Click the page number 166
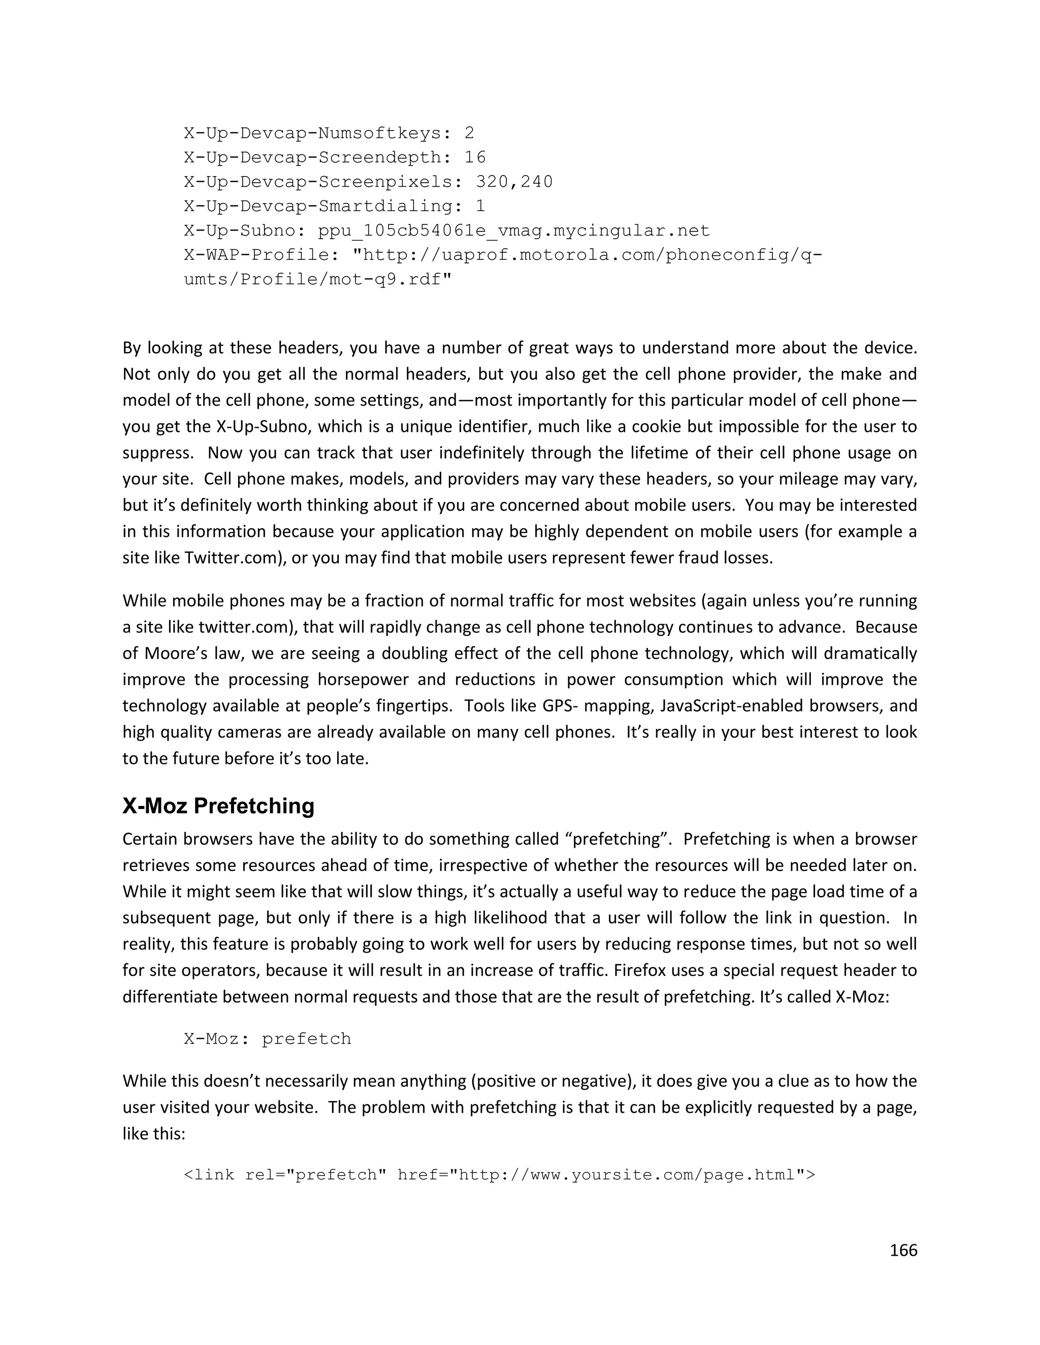click(903, 1250)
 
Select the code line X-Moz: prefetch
click(268, 1039)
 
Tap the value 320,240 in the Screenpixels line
click(514, 182)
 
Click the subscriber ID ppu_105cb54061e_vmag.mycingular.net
click(514, 230)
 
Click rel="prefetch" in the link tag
click(315, 1175)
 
